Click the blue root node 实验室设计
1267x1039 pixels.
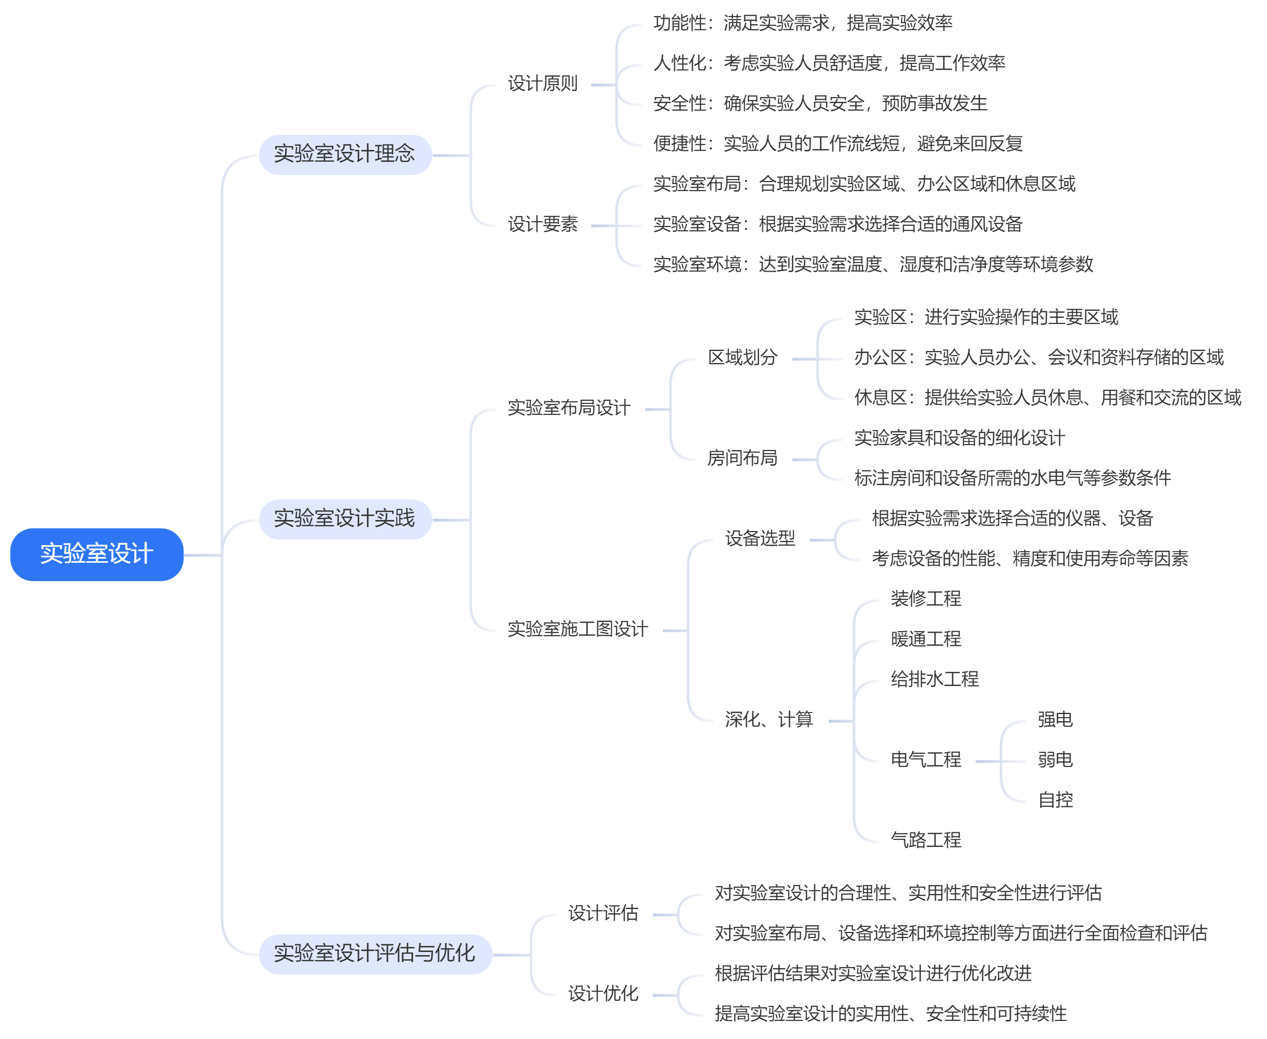click(96, 554)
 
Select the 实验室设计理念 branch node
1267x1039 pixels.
click(345, 154)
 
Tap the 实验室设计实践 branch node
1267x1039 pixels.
click(345, 519)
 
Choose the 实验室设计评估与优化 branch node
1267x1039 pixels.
click(374, 954)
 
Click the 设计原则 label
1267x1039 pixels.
click(543, 84)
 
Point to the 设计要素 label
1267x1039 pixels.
click(543, 224)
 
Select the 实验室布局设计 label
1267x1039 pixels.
click(569, 408)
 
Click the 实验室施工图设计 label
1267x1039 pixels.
click(577, 629)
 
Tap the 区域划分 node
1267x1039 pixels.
click(742, 358)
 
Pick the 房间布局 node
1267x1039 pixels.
click(742, 459)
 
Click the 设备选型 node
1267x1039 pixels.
click(760, 539)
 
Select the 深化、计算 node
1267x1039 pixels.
click(769, 719)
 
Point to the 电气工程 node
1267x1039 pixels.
click(925, 760)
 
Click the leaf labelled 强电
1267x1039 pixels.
click(1055, 719)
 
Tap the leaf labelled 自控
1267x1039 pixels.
click(1055, 800)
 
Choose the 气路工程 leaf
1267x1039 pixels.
click(925, 840)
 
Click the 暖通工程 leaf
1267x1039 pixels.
click(925, 639)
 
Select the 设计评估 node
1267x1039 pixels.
click(603, 913)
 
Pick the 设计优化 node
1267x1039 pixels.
click(603, 994)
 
